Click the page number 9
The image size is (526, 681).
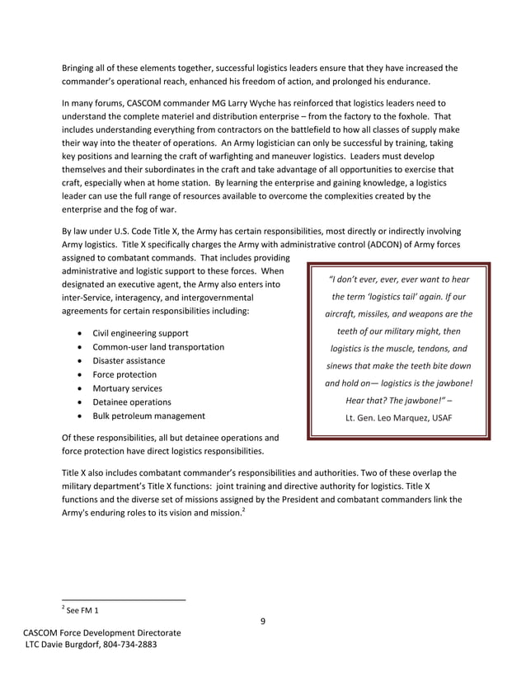pos(262,621)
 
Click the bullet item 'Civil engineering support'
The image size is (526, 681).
pos(140,333)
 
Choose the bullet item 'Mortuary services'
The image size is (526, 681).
pos(127,388)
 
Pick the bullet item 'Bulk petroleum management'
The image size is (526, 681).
pos(148,416)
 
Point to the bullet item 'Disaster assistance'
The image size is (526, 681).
pos(128,361)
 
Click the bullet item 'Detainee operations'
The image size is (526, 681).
pos(132,402)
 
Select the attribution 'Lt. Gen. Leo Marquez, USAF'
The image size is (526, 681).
pos(398,417)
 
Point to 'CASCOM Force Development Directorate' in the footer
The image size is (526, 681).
pos(101,632)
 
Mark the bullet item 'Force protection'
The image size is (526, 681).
pos(124,374)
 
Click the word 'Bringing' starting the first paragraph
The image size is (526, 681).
pos(80,68)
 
